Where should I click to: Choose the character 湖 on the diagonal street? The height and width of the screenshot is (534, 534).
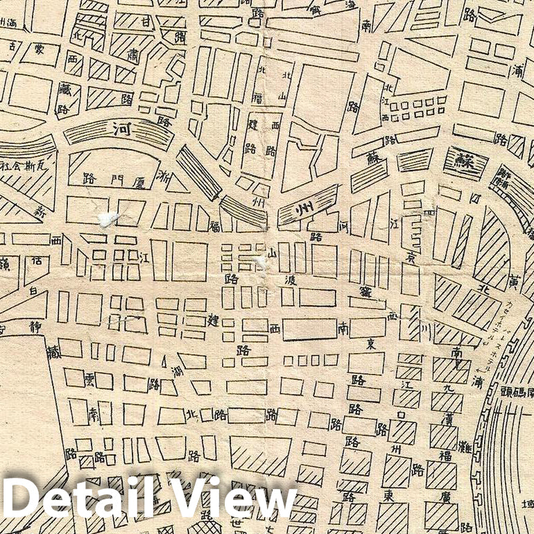177,372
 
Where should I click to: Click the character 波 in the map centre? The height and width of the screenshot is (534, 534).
289,279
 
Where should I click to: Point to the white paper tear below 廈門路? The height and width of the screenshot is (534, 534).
109,218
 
